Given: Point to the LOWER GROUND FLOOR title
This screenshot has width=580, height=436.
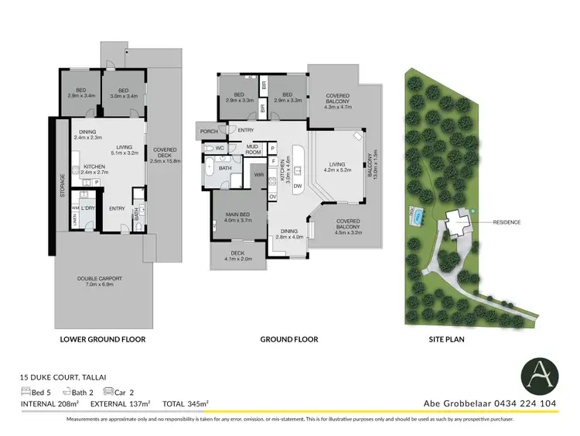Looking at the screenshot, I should [102, 339].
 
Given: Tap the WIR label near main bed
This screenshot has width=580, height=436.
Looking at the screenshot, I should [258, 175].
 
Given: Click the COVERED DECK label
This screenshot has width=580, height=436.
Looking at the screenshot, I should [165, 153].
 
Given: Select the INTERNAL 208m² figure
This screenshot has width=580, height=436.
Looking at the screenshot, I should [51, 403].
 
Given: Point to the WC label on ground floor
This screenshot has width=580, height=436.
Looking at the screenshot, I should [220, 147].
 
